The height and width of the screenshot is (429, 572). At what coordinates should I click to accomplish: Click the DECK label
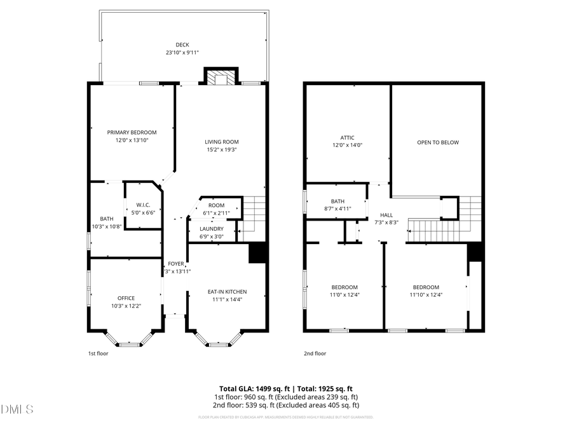point(182,44)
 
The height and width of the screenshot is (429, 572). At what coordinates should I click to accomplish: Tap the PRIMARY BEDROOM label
point(132,132)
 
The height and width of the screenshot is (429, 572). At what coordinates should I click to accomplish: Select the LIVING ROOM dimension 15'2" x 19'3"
point(221,150)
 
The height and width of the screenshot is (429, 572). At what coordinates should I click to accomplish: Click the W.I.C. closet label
point(142,205)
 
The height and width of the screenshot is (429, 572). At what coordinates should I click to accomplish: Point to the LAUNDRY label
point(211,229)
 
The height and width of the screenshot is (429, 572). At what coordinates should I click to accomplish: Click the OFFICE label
point(126,298)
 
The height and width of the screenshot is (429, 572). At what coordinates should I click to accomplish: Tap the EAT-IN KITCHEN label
point(227,292)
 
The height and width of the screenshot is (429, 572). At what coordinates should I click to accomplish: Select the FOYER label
point(175,264)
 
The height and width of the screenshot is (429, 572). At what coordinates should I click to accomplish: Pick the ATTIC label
point(347,137)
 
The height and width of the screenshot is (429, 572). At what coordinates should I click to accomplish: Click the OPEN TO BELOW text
point(437,142)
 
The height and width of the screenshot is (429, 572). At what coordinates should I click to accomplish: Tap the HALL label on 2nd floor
point(386,215)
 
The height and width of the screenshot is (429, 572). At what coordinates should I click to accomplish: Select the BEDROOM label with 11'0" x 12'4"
point(344,287)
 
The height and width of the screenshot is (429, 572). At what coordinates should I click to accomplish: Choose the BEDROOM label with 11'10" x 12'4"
point(425,287)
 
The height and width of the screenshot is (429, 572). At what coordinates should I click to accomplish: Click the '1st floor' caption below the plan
point(98,353)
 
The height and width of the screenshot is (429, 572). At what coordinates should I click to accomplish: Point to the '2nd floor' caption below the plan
point(315,353)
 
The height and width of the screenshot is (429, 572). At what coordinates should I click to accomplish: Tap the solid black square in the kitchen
point(257,253)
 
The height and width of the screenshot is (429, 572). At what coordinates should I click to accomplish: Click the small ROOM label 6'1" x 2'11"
point(216,205)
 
